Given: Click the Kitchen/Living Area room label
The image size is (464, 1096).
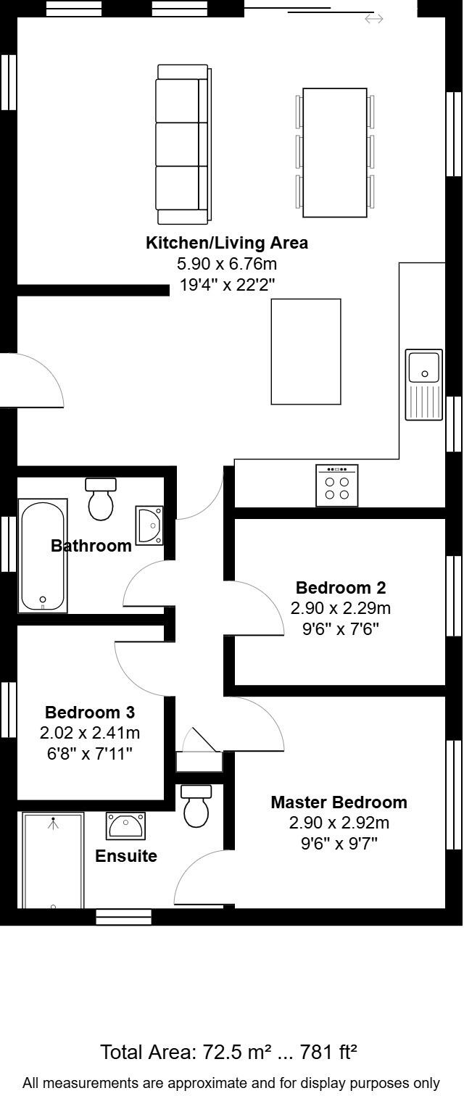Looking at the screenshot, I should tap(227, 243).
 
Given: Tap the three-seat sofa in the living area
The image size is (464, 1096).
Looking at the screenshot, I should tap(183, 144).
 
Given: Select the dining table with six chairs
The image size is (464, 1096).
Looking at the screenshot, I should tap(335, 152).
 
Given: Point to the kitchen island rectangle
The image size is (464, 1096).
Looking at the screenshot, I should tap(306, 352).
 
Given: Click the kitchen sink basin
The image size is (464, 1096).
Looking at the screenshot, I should tap(424, 367).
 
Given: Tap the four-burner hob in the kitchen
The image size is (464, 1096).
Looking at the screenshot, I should tap(337, 486).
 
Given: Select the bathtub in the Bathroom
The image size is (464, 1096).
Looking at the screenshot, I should tap(43, 555).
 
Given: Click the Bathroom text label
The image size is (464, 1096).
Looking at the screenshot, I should tap(91, 546).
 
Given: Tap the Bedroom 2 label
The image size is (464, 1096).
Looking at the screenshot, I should tap(341, 587).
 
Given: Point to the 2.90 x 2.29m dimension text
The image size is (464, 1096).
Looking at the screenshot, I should tap(341, 607).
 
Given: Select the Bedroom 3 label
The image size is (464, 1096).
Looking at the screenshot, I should tap(90, 713).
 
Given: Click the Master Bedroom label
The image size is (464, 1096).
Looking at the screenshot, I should tap(339, 802).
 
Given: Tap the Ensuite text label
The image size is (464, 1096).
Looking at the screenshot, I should tap(126, 856).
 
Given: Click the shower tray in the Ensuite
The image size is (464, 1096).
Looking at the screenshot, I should tap(53, 860).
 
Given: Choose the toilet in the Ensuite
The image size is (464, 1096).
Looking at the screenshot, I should tap(196, 806).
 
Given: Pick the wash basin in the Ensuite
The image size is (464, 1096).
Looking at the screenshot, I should tap(126, 825).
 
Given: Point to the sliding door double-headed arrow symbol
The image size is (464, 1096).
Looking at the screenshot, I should tap(374, 19).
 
